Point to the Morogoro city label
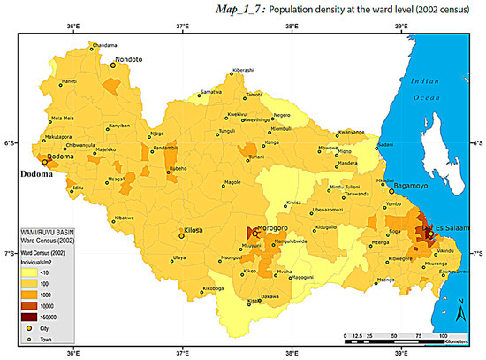pos(273,227)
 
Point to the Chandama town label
pos(104,45)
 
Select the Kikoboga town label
pos(215,288)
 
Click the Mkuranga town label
pos(437,264)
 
